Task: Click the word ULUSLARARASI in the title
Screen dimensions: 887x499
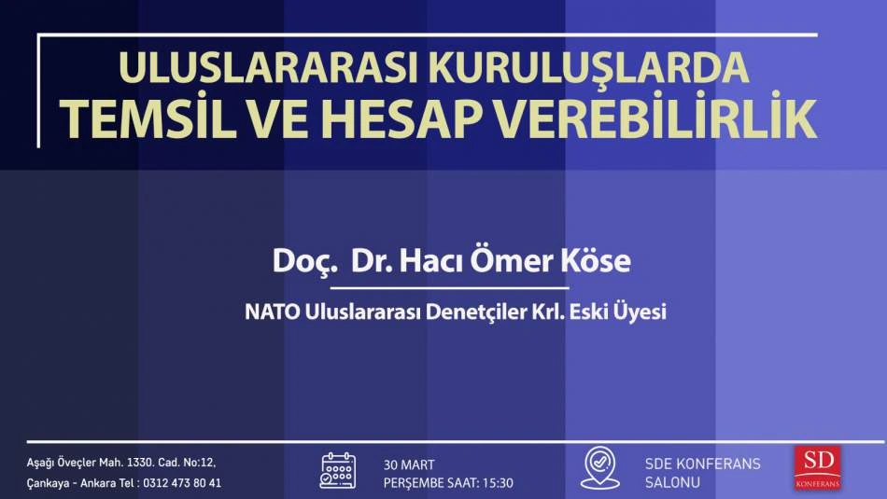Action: click(269, 68)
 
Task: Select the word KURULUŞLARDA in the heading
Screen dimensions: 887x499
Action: click(589, 69)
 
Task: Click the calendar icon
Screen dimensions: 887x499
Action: click(338, 471)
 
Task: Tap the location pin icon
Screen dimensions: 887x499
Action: click(600, 468)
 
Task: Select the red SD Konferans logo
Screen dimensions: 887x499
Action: click(817, 467)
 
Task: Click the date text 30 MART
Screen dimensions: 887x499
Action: click(409, 465)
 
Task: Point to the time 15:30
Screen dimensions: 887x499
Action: click(498, 483)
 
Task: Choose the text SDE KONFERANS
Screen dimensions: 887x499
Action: click(702, 464)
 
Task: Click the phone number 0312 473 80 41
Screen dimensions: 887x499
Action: click(181, 483)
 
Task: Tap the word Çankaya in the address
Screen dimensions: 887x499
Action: click(47, 484)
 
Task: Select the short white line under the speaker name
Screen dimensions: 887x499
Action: click(449, 288)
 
